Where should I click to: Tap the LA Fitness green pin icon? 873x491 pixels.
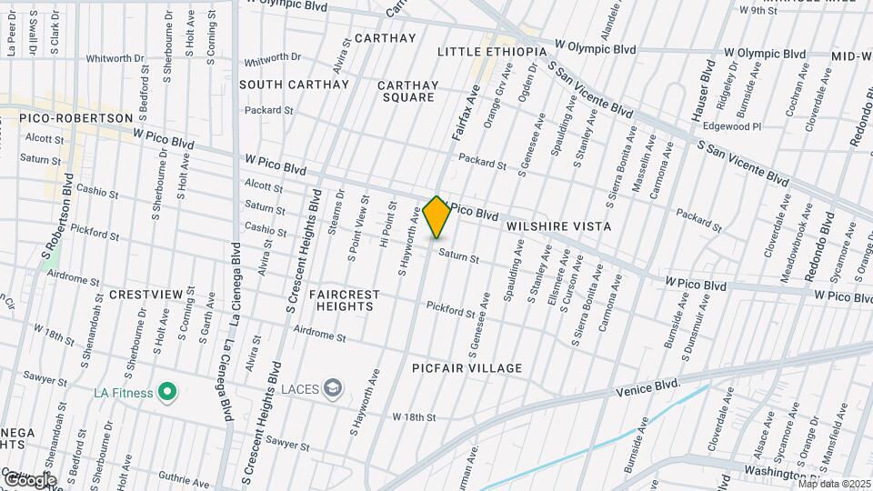click(166, 393)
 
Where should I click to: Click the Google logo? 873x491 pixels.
click(30, 479)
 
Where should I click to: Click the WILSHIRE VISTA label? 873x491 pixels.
click(557, 225)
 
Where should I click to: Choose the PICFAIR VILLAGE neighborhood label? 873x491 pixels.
click(467, 368)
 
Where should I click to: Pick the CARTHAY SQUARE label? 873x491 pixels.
click(408, 91)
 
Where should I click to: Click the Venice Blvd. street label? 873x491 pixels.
click(648, 388)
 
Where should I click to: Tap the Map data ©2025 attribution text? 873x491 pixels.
click(834, 483)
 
